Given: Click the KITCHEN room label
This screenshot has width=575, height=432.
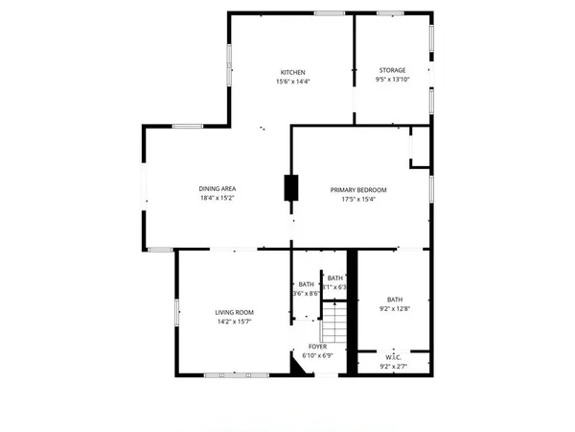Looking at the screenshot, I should click(x=292, y=72).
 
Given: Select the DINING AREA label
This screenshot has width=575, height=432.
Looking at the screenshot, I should click(x=218, y=188).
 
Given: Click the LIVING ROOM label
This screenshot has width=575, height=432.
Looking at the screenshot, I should click(x=234, y=313).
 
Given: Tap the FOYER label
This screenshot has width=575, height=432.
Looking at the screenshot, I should click(x=318, y=346).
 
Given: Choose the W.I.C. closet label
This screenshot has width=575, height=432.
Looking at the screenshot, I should click(x=393, y=356).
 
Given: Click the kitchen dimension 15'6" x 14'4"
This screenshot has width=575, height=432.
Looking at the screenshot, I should click(x=292, y=82).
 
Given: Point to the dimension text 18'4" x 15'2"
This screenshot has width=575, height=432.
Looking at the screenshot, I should click(x=218, y=198).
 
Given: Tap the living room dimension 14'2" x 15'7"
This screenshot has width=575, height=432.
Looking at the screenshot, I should click(x=234, y=323).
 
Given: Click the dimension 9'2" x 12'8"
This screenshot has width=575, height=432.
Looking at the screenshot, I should click(x=395, y=309).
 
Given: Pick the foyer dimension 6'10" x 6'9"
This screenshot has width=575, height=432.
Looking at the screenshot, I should click(x=318, y=355).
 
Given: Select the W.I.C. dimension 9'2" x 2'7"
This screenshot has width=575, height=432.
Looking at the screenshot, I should click(x=393, y=366).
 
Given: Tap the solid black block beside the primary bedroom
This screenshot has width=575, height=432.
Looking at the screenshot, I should click(x=291, y=187).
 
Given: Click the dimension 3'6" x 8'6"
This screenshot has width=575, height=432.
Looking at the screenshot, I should click(x=306, y=295).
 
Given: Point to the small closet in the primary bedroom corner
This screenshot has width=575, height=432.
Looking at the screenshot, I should click(x=419, y=148).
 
